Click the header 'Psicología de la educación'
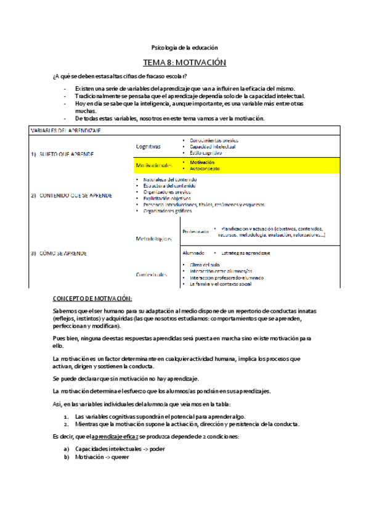(185, 47)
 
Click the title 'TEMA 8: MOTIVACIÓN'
(185, 63)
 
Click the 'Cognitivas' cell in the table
(148, 147)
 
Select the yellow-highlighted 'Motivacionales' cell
(155, 165)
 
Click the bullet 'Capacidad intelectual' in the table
(212, 147)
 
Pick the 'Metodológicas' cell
(154, 237)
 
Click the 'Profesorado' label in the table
(195, 231)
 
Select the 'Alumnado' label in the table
(193, 253)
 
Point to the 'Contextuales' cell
(152, 274)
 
